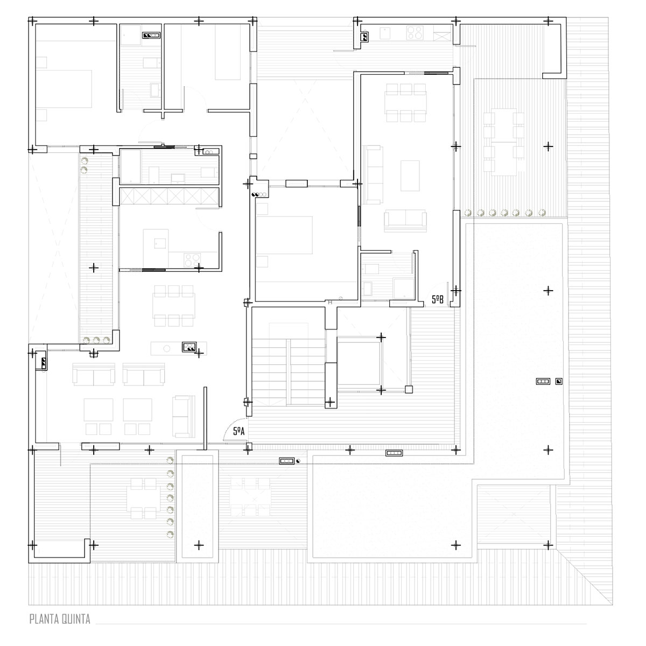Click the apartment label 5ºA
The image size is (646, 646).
point(238,431)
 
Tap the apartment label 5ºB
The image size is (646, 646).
point(437,299)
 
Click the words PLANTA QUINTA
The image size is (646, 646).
point(60,619)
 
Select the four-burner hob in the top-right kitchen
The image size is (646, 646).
point(415,33)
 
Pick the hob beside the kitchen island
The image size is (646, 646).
point(192,260)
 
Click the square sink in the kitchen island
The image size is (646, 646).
point(160,243)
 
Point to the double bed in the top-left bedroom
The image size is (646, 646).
point(64,89)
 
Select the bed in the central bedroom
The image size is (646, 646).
point(284,235)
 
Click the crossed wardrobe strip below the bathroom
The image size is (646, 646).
point(169,196)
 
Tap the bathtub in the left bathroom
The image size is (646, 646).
point(130,166)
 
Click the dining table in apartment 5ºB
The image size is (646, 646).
point(406,103)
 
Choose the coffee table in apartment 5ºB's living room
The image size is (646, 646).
point(410,175)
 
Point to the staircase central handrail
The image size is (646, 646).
point(288,372)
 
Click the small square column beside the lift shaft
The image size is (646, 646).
point(409,390)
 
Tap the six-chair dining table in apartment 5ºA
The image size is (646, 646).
point(174,306)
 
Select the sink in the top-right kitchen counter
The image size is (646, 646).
point(385,33)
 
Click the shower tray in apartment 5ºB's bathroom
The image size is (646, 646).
point(404,289)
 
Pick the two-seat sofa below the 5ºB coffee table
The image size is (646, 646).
point(405,221)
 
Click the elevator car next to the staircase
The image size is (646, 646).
point(359,363)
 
